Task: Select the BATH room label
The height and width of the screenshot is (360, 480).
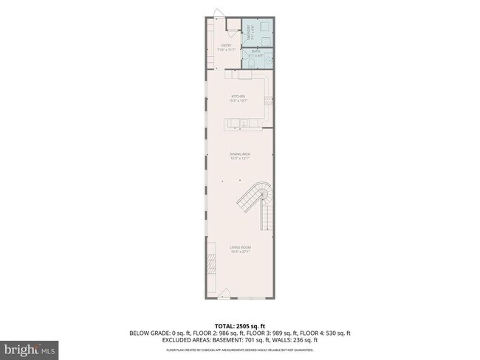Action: (x=256, y=53)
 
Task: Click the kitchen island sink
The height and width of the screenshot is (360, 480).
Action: (x=241, y=122)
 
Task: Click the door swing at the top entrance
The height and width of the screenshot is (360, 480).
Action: (x=218, y=14)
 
